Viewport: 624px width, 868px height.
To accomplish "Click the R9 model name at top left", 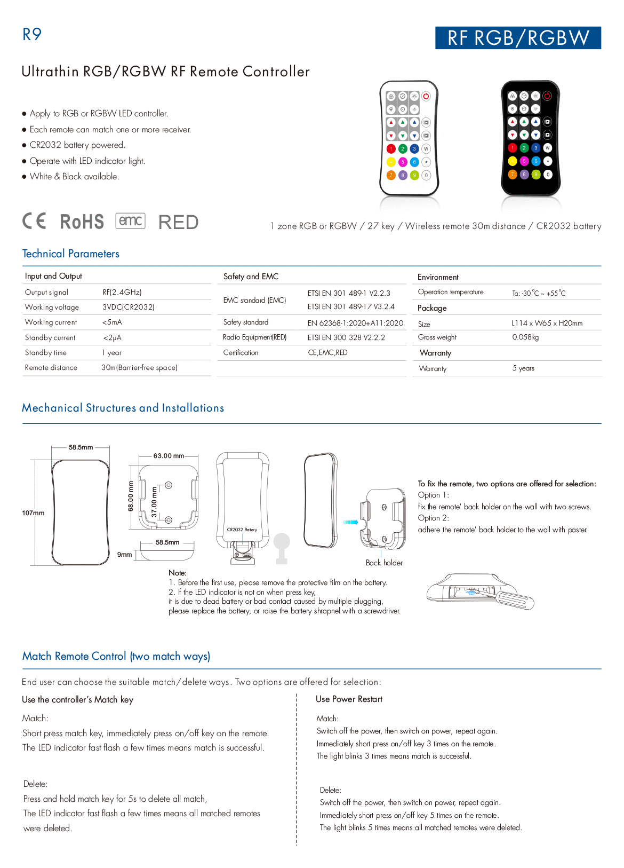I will click(32, 34).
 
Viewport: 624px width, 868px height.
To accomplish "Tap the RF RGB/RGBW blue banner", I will click(518, 38).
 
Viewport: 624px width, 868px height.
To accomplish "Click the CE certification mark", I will click(35, 221).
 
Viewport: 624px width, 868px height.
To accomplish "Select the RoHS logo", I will click(82, 222).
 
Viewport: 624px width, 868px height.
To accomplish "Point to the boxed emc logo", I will click(131, 220).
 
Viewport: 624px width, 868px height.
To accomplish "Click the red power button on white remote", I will click(426, 96).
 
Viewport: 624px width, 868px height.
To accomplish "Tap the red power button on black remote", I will click(547, 96).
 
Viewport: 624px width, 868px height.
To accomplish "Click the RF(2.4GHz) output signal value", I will click(122, 292).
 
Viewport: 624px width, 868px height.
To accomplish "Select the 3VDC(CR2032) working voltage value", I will click(129, 307).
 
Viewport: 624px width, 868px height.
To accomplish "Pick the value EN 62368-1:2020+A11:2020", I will click(355, 322).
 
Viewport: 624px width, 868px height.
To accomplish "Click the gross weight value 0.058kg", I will click(525, 337).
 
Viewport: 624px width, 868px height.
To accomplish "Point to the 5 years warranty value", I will click(523, 368).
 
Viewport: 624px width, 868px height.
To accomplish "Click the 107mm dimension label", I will click(33, 513).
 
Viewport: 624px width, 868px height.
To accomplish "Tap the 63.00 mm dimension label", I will click(169, 456).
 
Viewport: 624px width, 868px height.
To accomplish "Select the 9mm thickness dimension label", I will click(124, 555).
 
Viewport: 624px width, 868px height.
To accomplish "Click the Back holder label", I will click(384, 563).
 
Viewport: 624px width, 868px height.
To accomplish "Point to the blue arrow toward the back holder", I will click(350, 522).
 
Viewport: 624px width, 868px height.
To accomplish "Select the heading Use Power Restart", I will click(349, 699).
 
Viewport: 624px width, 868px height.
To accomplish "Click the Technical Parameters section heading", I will click(71, 254).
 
